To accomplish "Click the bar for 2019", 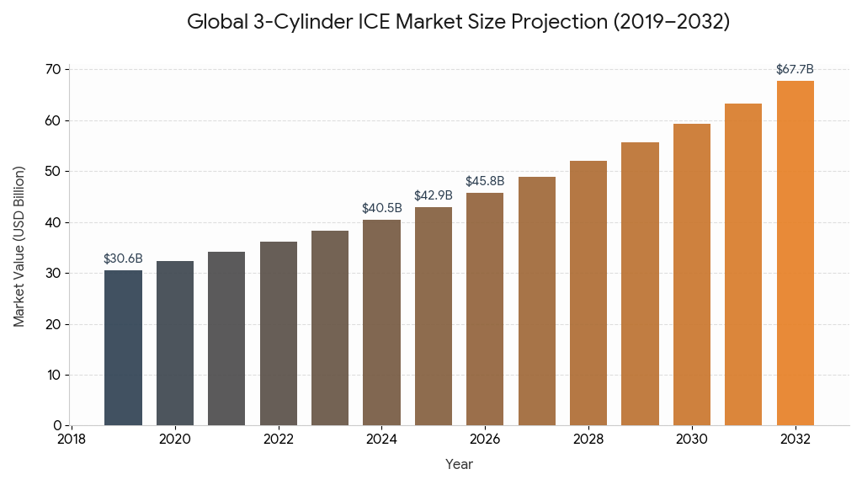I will [x=123, y=348].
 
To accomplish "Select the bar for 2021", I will [x=226, y=338].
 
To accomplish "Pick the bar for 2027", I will [x=537, y=301].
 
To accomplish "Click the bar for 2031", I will [x=743, y=264].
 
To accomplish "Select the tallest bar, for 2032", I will [x=795, y=253].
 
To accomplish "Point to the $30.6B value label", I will [x=123, y=258].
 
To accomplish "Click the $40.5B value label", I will [x=381, y=208].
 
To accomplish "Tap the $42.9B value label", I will [x=434, y=195].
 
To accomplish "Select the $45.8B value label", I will [x=485, y=181].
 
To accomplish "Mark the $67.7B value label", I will [x=795, y=69].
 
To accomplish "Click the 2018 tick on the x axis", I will [x=72, y=440].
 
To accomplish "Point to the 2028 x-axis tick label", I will [x=588, y=440].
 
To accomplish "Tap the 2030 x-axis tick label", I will [x=692, y=440].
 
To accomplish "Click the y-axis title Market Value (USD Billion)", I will [x=19, y=246].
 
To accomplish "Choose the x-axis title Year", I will [x=459, y=464].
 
